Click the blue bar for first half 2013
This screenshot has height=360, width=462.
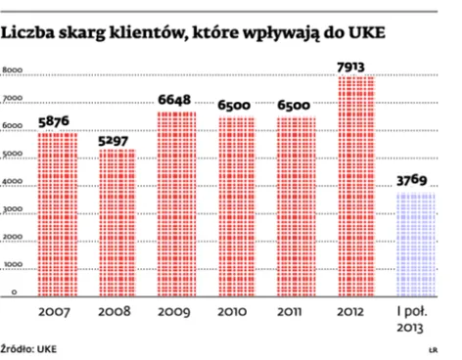(416, 245)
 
